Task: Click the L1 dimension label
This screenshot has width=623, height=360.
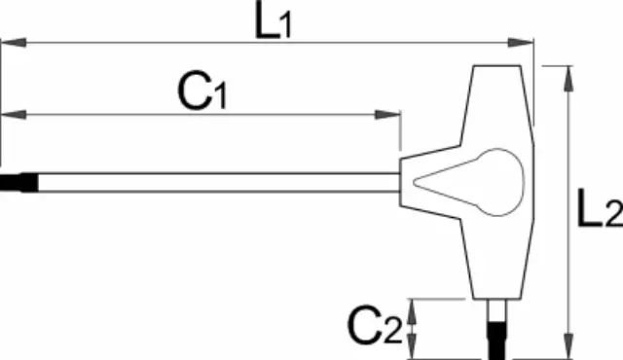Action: (274, 20)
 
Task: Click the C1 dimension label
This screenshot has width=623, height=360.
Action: (202, 91)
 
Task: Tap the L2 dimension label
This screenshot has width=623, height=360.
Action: (600, 208)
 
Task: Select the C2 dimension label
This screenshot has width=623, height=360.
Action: (375, 326)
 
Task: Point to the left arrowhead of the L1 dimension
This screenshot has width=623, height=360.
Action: (14, 43)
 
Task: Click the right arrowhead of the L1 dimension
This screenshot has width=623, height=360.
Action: (521, 43)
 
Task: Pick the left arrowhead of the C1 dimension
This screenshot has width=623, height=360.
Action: (14, 115)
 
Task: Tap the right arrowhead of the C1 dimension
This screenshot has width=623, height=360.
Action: (387, 115)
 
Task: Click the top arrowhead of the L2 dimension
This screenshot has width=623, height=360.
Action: (568, 79)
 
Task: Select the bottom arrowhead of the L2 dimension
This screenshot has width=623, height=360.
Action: (568, 346)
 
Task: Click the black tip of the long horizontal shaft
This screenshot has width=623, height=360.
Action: (19, 183)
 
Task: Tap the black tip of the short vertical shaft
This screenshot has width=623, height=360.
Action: (496, 341)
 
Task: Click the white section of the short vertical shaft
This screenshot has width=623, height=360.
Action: (496, 310)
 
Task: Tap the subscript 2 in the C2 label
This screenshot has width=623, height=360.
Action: (393, 333)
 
